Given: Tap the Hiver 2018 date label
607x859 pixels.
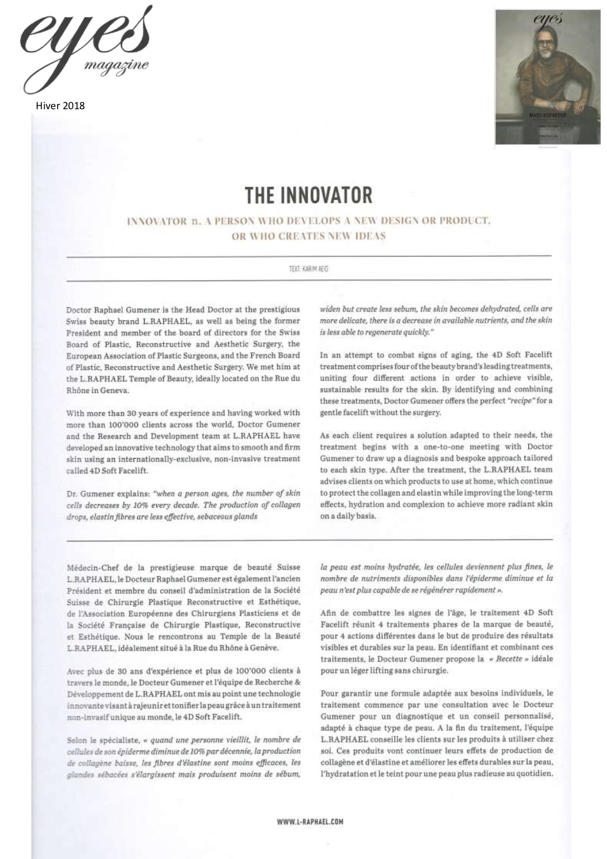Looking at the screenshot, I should (60, 106).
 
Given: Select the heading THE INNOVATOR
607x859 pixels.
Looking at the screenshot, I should (308, 195).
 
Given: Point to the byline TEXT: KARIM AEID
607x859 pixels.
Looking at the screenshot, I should (308, 269).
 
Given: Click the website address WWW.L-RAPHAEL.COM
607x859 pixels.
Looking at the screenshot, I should (310, 822).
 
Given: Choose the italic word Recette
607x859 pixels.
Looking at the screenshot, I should (509, 659).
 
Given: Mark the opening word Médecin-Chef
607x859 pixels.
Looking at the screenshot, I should (92, 568).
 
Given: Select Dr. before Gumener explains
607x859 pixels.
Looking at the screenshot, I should (72, 494).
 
